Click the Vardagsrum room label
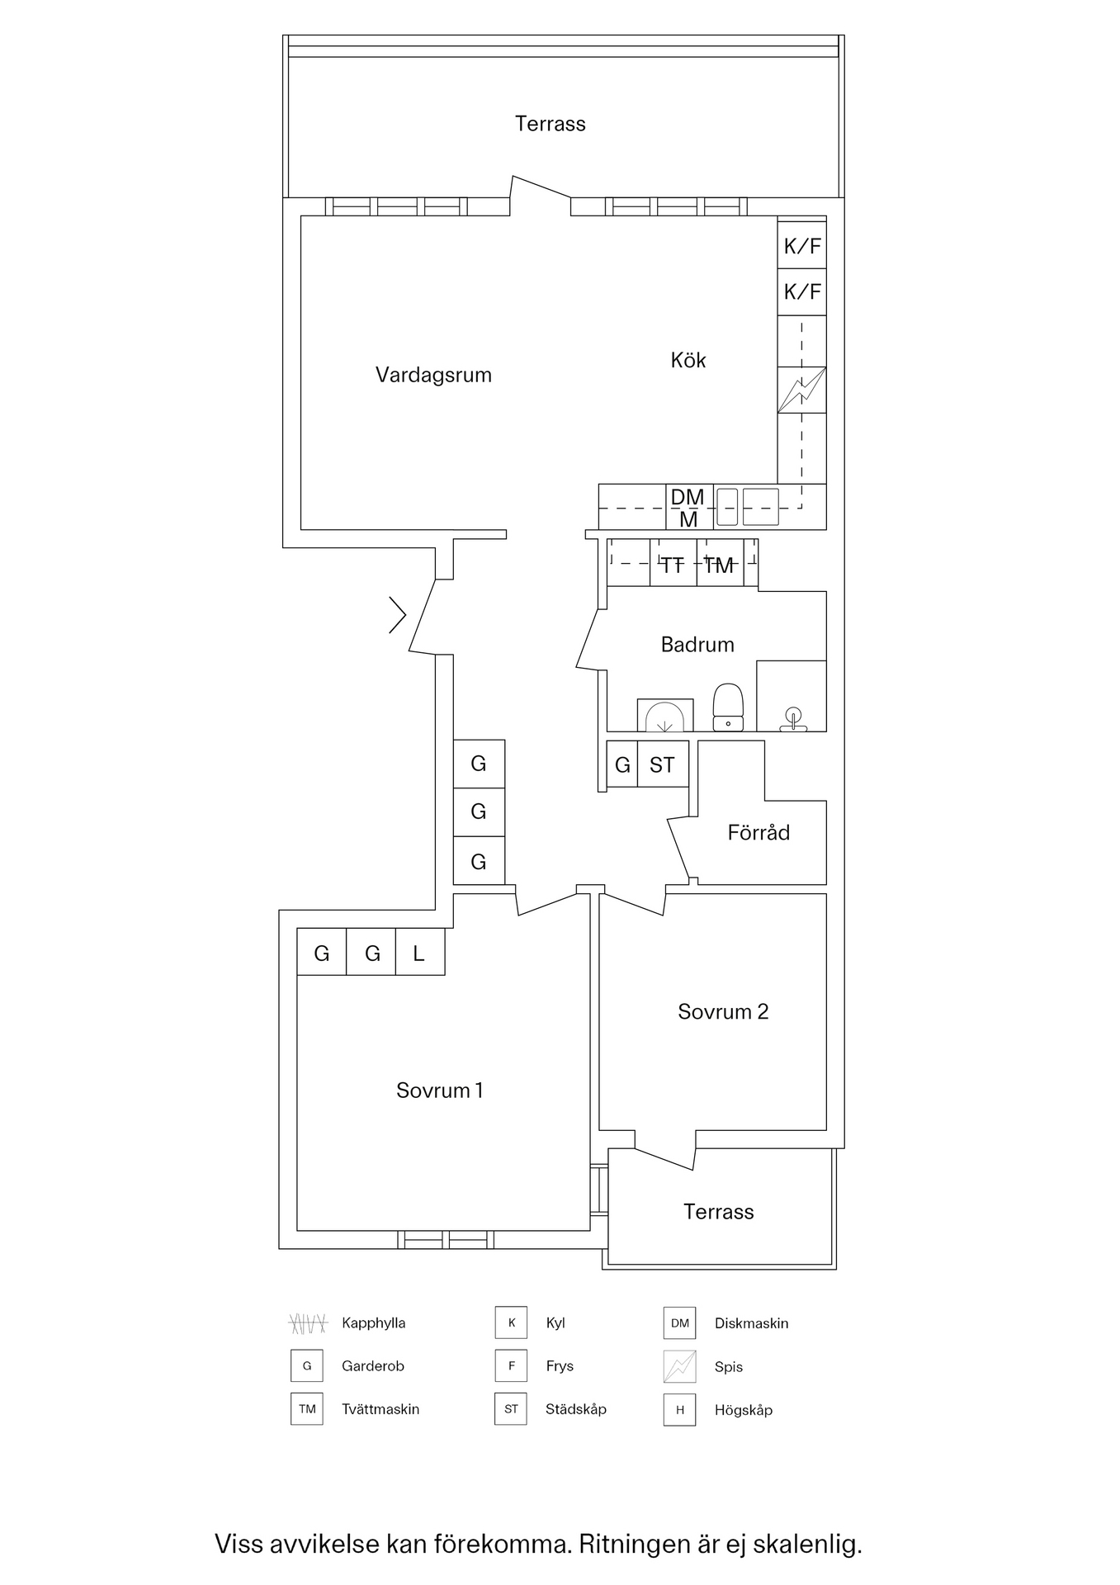coord(433,375)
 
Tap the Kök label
coord(688,360)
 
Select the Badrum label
coord(697,644)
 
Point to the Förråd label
coord(758,832)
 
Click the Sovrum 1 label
coord(439,1091)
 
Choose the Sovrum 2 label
coord(723,1011)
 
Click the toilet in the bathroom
coord(728,708)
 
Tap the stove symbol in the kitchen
coord(801,390)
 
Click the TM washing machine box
coord(719,565)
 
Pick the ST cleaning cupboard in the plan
coord(662,765)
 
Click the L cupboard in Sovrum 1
coord(419,953)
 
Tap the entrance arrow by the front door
coord(398,615)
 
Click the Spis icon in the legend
coord(679,1366)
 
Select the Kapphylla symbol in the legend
coord(307,1323)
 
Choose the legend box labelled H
coord(679,1410)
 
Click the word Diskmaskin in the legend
coord(751,1323)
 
